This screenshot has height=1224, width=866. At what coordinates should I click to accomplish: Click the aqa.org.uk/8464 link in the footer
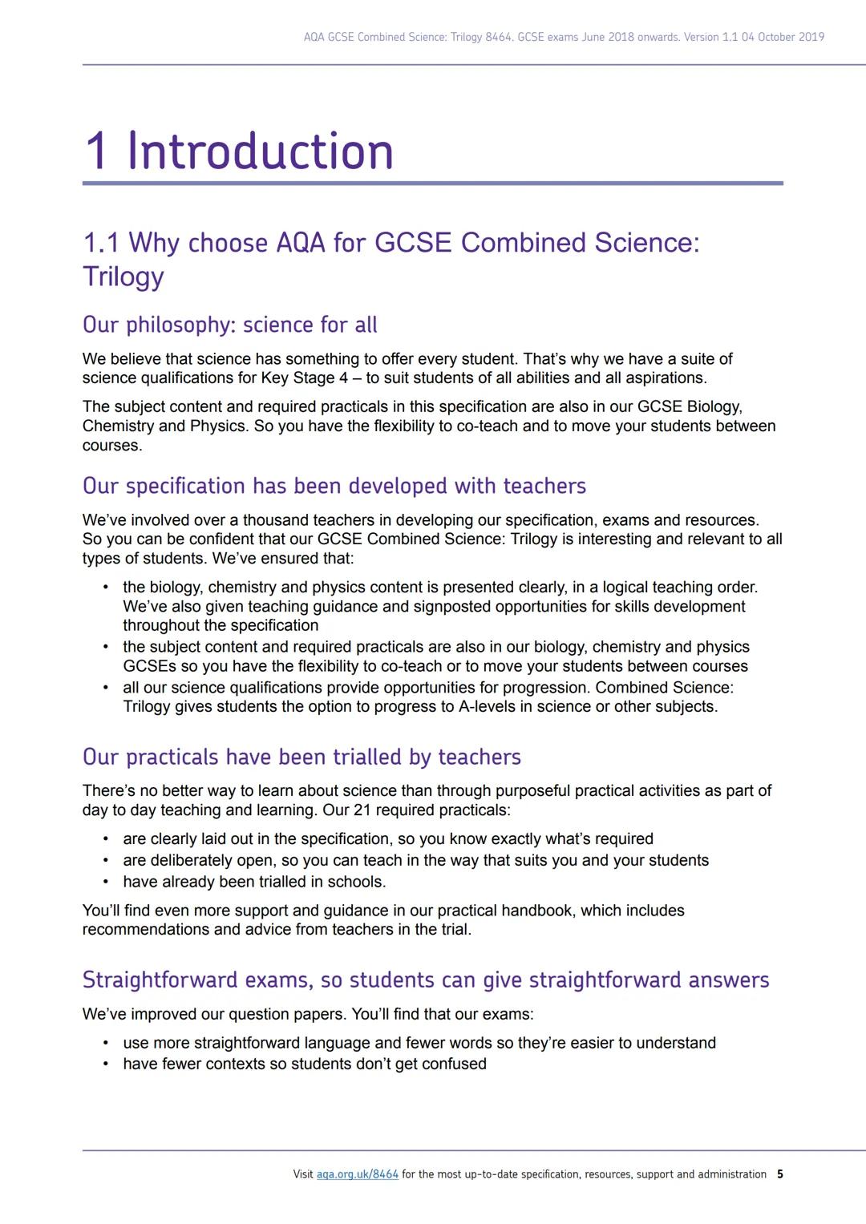coord(357,1174)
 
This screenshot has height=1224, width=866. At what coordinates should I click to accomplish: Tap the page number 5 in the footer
coord(780,1174)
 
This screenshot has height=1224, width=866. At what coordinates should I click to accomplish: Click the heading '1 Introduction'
coord(239,151)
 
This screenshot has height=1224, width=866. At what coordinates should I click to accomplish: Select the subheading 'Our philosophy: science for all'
coord(229,325)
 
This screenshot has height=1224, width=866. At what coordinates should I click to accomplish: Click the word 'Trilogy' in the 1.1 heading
coord(123,277)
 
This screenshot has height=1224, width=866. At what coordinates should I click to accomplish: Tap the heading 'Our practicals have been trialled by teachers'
coord(301,757)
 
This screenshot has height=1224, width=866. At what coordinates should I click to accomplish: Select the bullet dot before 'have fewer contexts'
coord(105,1064)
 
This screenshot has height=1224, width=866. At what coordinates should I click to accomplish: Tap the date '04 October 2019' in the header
coord(783,37)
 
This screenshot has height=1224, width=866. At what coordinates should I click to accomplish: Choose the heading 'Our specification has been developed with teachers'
coord(334,486)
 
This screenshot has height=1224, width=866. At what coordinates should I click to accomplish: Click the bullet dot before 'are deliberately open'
coord(105,860)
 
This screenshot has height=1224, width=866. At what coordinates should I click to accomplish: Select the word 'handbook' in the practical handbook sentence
coord(539,911)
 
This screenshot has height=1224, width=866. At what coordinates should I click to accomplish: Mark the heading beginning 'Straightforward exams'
coord(426,980)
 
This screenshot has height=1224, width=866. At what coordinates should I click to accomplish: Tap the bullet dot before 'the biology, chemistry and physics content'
coord(105,587)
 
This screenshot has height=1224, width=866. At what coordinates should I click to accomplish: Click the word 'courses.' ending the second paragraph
coord(112,446)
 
